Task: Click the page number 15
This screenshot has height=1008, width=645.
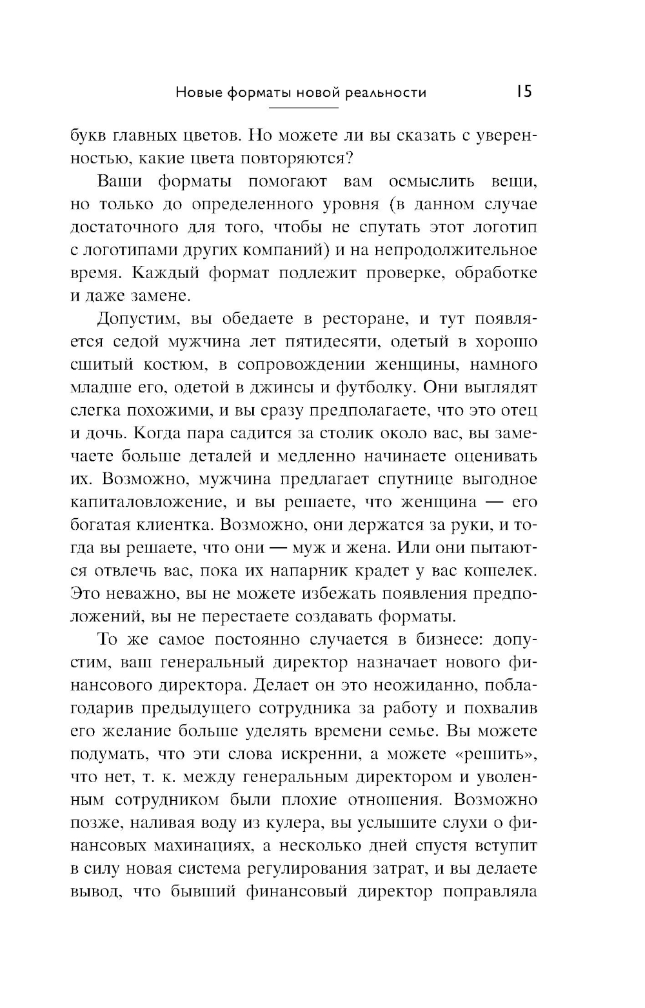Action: pyautogui.click(x=524, y=92)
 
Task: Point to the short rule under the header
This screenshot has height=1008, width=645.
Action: pyautogui.click(x=301, y=107)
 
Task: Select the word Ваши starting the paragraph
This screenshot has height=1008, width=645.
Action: pyautogui.click(x=119, y=181)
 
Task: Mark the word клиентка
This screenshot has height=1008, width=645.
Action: pyautogui.click(x=167, y=525)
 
